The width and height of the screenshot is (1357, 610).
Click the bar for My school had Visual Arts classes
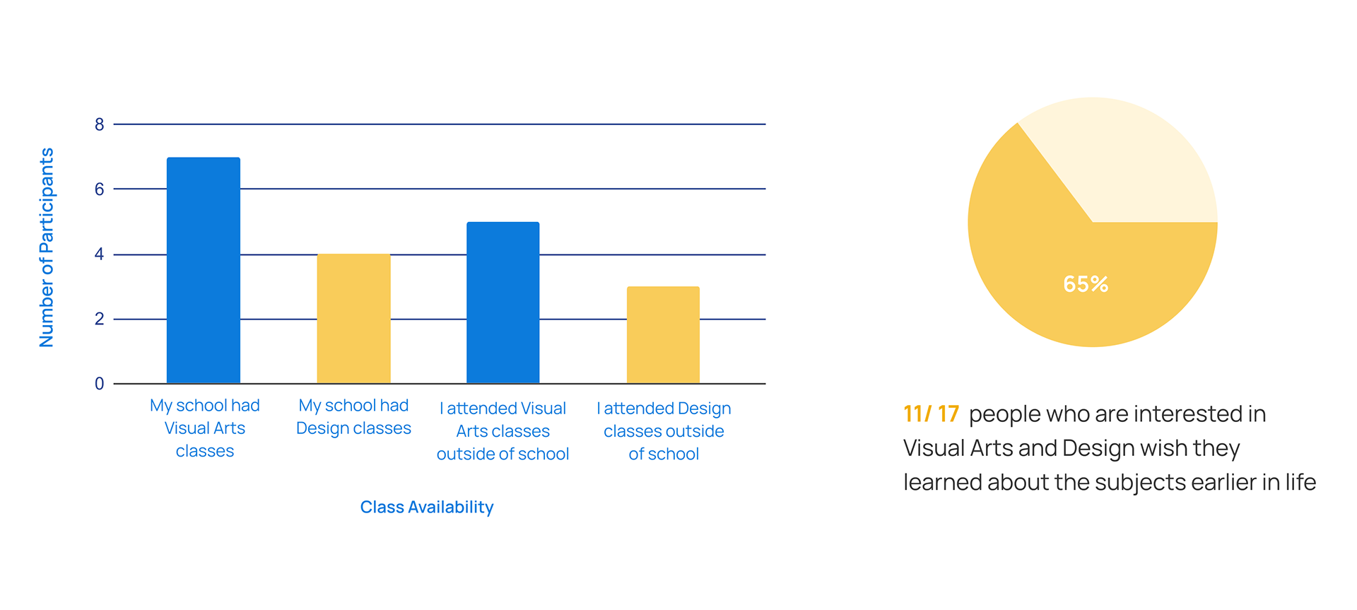[204, 270]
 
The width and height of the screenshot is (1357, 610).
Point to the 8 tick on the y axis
[100, 125]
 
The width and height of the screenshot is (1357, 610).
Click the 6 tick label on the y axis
[100, 189]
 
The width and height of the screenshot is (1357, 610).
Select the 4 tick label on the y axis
[100, 254]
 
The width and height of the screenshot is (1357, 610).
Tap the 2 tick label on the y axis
[100, 319]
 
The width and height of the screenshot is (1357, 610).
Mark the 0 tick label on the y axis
[100, 384]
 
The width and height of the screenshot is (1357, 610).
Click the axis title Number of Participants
[47, 247]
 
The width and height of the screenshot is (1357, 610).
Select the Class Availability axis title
[427, 508]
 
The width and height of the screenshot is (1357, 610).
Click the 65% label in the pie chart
[1086, 284]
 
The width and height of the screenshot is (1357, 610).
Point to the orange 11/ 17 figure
[931, 413]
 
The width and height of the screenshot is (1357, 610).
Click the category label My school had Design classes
[353, 417]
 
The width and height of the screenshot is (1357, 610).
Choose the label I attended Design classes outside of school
[664, 431]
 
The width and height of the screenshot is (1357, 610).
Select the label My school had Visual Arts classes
[205, 428]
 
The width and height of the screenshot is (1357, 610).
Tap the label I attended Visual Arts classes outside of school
[503, 431]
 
